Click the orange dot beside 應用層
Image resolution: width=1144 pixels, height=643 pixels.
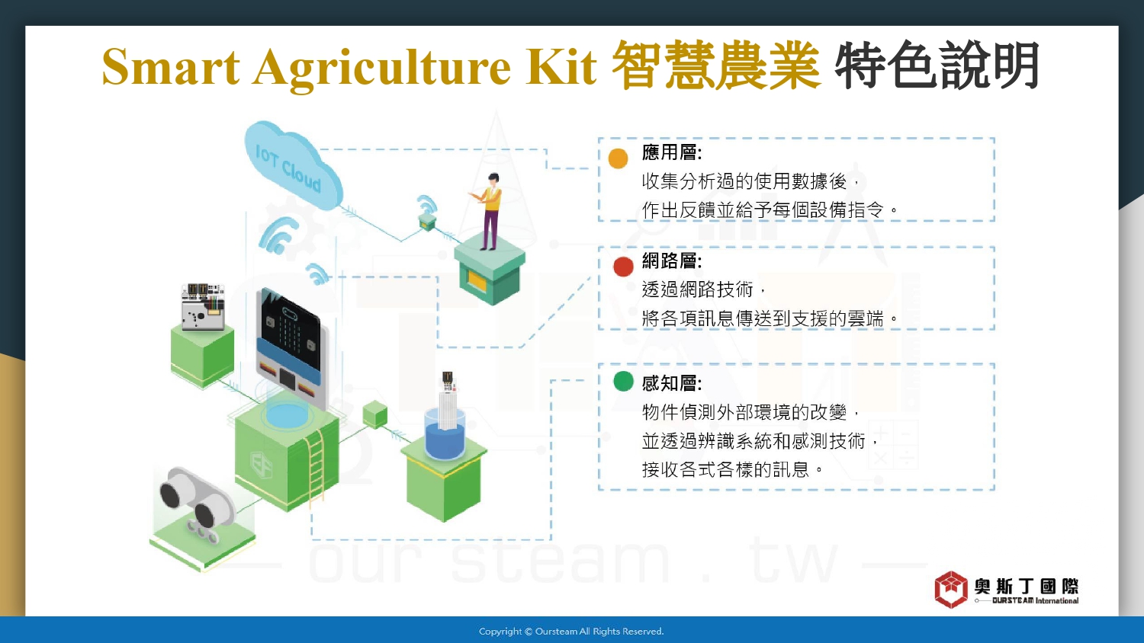pos(618,158)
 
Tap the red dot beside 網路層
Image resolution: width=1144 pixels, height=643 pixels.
pos(623,267)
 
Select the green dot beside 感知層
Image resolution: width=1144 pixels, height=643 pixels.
pos(623,381)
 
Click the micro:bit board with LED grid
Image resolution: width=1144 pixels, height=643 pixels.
pos(290,347)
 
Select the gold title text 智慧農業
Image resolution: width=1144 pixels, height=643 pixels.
pos(716,66)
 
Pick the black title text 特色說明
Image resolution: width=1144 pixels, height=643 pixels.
pos(937,66)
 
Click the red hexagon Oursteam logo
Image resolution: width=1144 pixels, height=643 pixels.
pos(951,590)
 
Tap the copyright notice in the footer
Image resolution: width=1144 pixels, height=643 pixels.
pos(571,632)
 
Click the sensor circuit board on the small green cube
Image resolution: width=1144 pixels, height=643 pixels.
pos(203,307)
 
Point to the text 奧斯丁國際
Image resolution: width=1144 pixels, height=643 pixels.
pos(1027,586)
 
